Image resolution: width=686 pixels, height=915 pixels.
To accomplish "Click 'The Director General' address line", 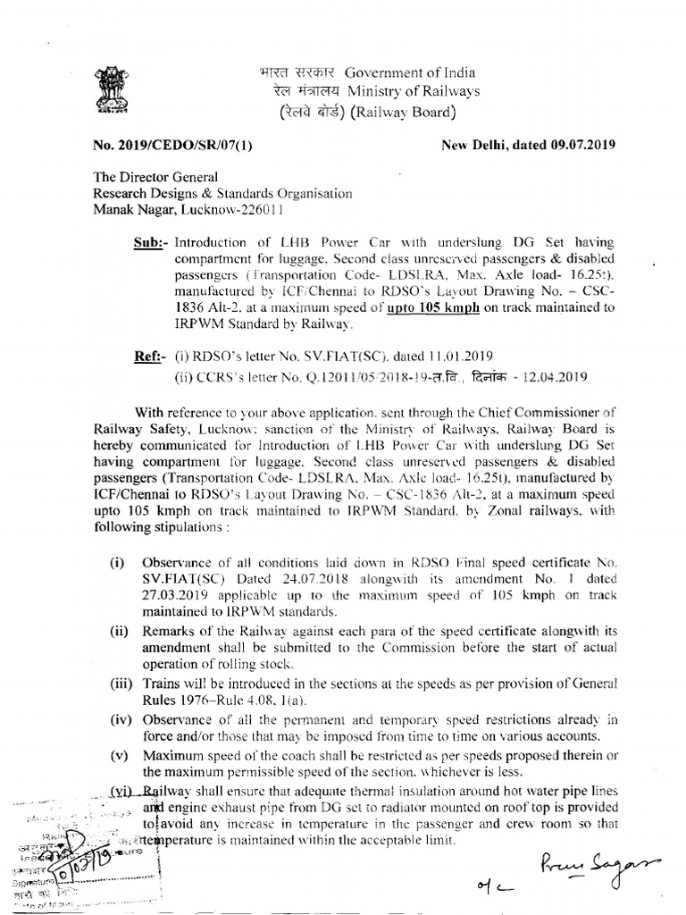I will coord(155,178).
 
